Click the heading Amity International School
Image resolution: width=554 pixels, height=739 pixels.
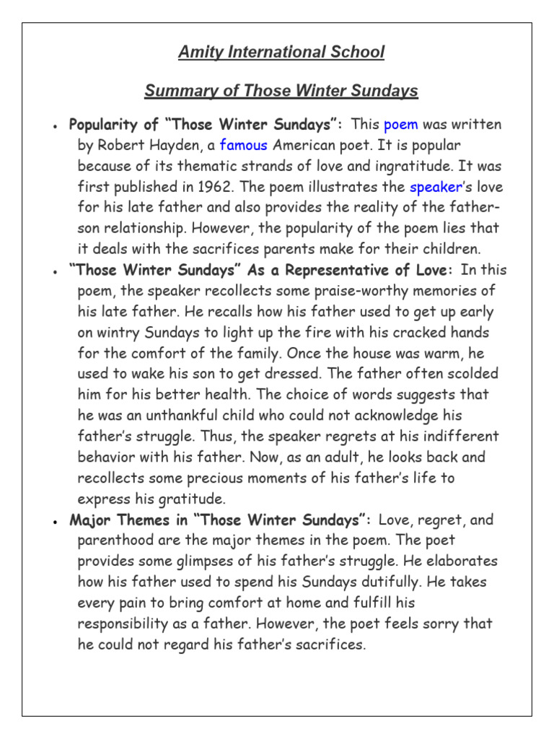click(281, 53)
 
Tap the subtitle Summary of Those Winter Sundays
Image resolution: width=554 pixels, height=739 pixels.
click(281, 91)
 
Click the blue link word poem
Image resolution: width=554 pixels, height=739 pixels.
click(400, 124)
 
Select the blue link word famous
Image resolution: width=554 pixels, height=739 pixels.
click(243, 145)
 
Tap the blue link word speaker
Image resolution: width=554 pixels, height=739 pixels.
click(436, 187)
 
